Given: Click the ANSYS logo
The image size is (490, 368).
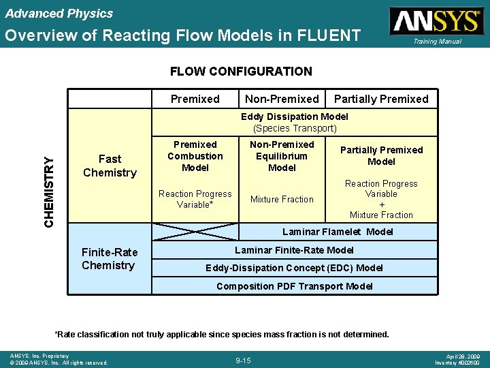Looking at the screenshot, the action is pos(436,21).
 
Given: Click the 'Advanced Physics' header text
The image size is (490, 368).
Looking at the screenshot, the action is pos(59,14).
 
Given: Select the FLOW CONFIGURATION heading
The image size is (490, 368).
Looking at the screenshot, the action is pos(241,71).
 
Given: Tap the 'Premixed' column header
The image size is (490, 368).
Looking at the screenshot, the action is pos(195,99).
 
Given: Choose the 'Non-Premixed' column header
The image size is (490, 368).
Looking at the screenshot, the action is pos(282,99).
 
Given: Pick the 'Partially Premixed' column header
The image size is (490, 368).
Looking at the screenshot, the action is pos(381,99).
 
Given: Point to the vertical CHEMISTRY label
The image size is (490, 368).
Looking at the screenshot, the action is pos(49,191).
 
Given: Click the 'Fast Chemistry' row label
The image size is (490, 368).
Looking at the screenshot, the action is pos(110,166).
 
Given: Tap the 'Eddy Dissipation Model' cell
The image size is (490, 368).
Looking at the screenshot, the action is pos(295,122).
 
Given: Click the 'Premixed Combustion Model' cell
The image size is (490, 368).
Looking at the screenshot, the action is pos(195,156).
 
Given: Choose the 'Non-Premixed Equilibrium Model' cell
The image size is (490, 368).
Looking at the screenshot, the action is pos(282,156).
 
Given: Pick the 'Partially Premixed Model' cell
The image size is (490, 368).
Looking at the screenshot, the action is pos(381,155).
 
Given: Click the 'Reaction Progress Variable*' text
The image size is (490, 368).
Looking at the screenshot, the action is pos(195,199).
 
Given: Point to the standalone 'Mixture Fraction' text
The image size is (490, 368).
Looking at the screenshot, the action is pos(282,199).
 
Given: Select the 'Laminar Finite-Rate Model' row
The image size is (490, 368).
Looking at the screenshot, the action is pos(295,250).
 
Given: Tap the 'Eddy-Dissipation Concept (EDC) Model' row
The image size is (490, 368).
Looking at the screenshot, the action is pos(295,268).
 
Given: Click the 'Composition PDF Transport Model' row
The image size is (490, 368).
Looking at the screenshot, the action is pos(295,286).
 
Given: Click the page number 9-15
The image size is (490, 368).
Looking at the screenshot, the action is pos(244,360).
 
